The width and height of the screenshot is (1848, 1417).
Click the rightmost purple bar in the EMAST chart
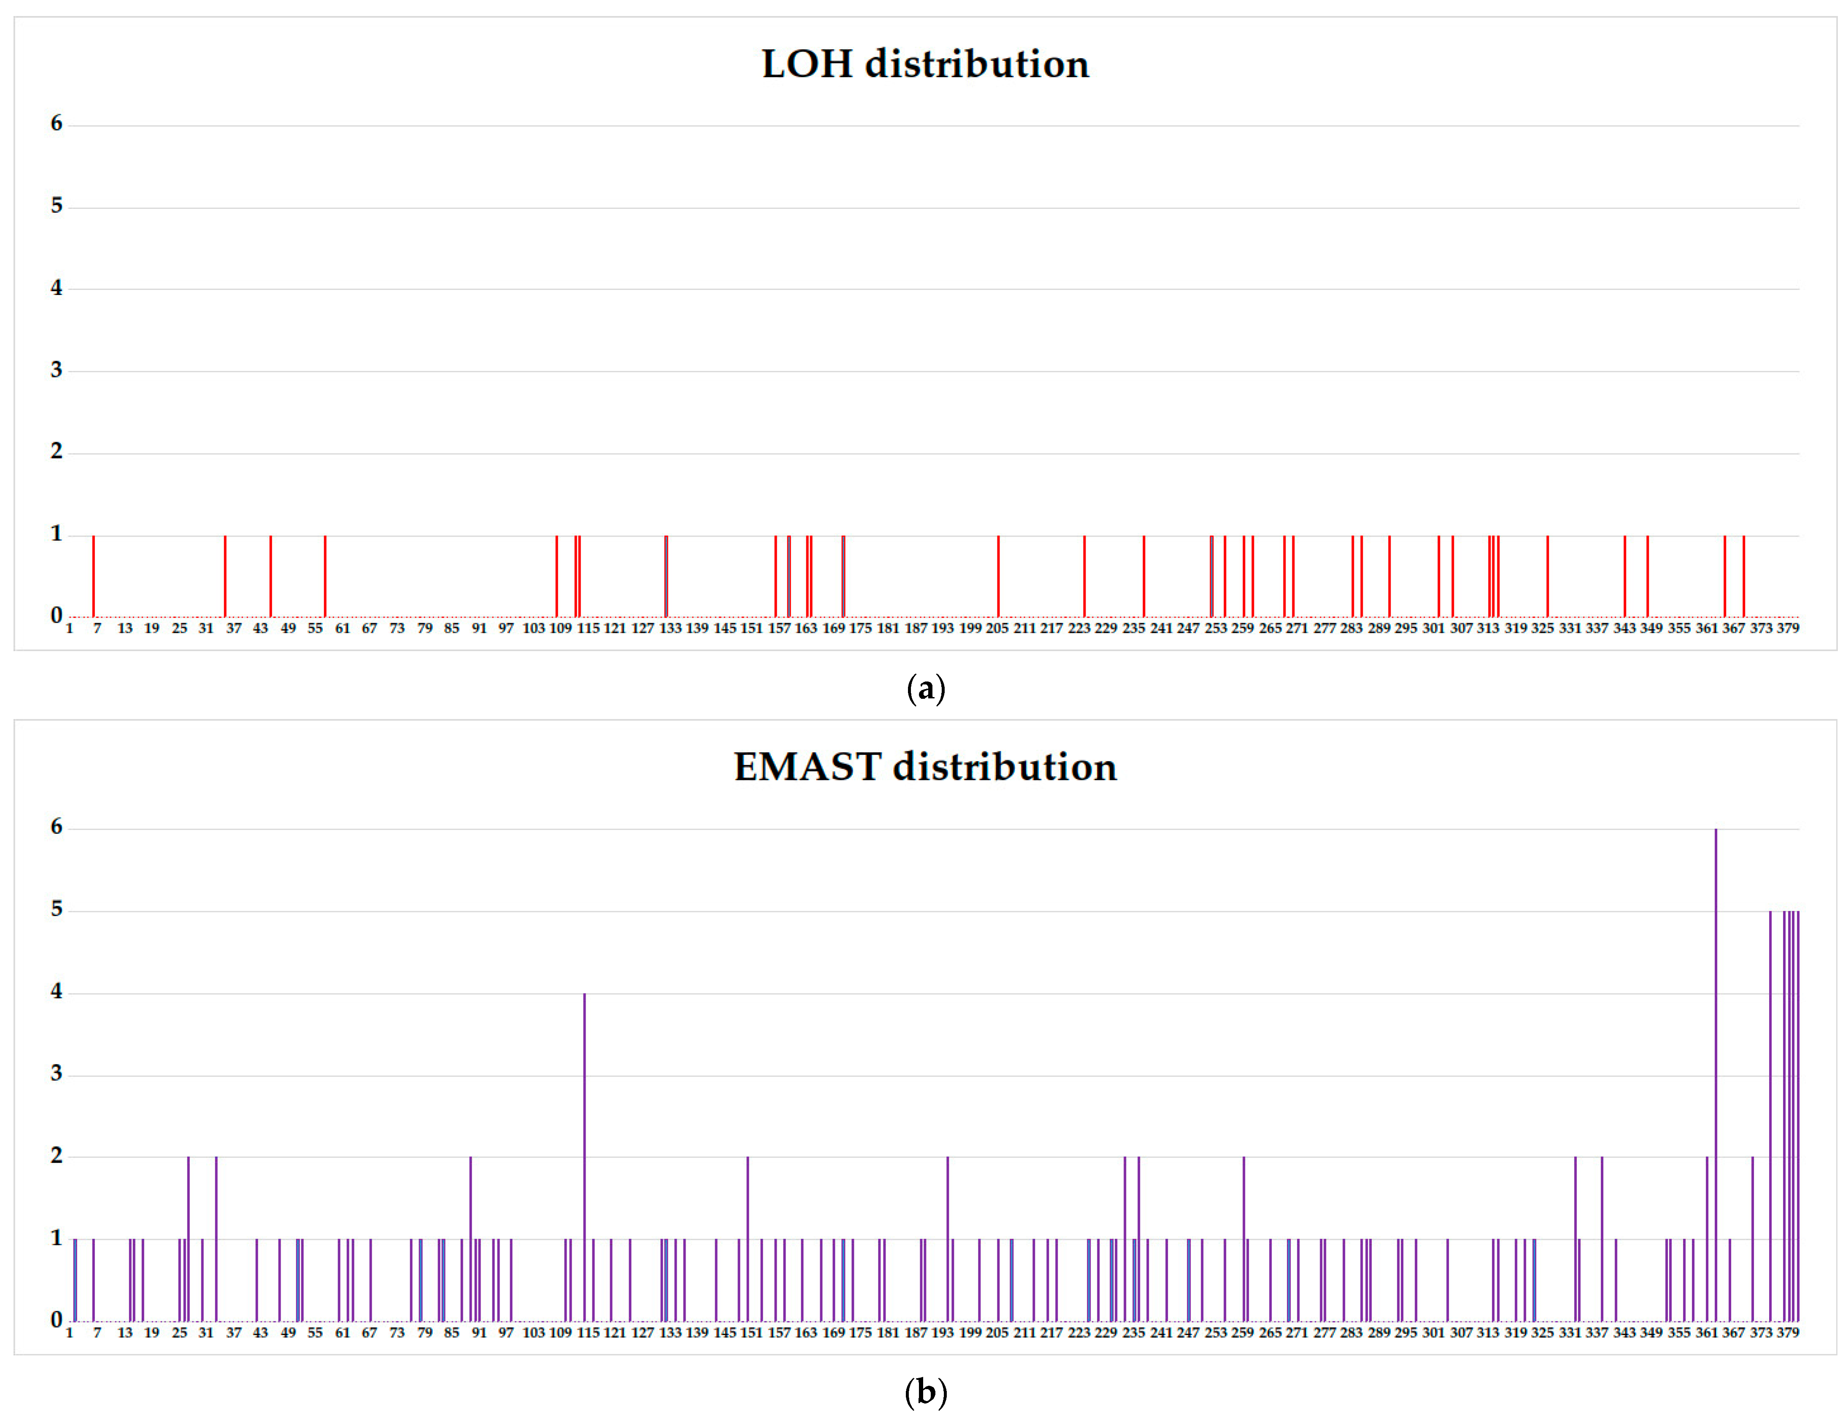[x=1797, y=1113]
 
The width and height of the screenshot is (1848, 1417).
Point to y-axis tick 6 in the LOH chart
[x=57, y=124]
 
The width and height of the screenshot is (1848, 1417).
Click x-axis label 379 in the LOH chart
[x=1787, y=628]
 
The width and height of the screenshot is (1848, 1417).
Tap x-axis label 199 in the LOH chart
[x=970, y=628]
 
